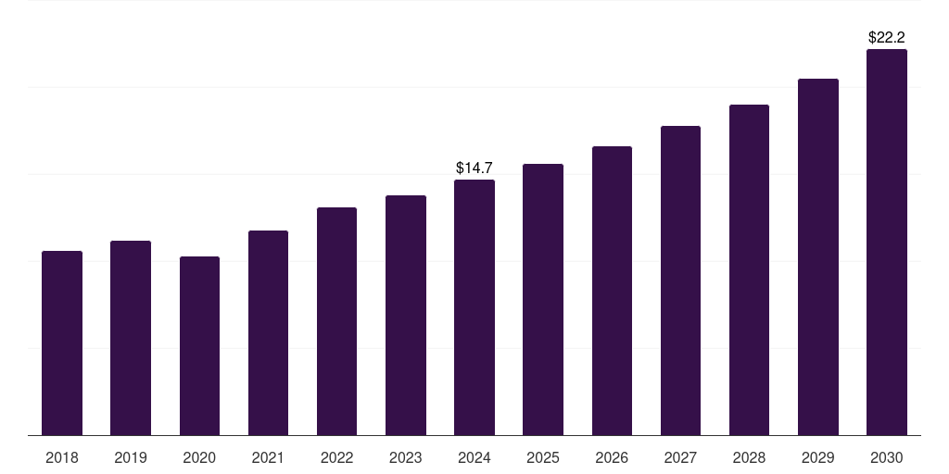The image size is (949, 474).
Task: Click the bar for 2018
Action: [62, 343]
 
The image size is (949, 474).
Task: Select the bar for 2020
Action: [199, 345]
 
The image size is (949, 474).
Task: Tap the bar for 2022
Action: [336, 321]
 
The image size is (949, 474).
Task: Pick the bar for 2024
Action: [474, 307]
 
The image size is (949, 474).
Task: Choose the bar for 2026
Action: [612, 291]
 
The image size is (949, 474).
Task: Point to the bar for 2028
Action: [749, 269]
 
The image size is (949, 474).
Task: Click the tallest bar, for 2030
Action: [887, 242]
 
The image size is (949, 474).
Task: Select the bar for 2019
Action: [131, 338]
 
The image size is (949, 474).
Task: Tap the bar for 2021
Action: [268, 332]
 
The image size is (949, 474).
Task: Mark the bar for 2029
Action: [818, 256]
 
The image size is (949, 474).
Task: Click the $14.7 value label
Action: [474, 168]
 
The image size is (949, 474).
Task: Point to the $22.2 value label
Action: [887, 38]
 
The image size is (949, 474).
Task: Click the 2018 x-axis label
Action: [62, 457]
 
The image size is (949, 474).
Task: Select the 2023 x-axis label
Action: [406, 457]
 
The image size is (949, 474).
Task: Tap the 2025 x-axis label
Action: [543, 457]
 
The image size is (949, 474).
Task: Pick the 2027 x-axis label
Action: [680, 457]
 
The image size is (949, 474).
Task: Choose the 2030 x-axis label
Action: [887, 457]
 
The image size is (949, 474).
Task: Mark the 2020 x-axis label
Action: [199, 457]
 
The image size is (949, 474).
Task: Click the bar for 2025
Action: [543, 299]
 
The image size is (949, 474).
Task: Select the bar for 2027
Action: [680, 281]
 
